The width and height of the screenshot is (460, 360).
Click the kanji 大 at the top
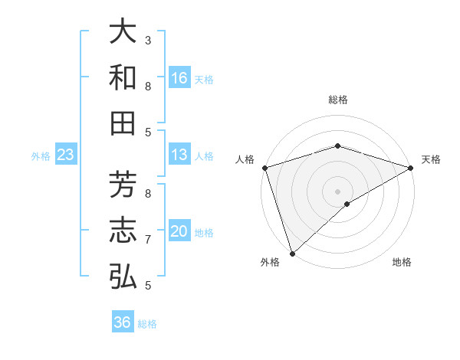click(123, 32)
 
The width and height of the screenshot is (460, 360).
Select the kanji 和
click(123, 77)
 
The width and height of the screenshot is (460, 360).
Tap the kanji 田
click(123, 123)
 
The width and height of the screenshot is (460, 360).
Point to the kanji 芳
click(123, 184)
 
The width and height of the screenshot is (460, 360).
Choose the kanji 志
click(123, 230)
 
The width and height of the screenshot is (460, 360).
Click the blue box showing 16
click(179, 78)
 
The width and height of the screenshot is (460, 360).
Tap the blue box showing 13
click(179, 155)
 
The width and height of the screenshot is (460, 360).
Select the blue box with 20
click(179, 231)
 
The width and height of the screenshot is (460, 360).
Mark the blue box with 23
click(65, 155)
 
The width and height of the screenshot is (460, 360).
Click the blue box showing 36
click(122, 322)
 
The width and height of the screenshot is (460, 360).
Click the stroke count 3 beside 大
click(148, 40)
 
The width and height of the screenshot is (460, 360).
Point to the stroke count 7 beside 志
click(148, 240)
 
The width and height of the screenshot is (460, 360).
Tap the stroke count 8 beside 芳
click(148, 193)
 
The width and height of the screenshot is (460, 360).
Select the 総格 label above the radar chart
click(337, 100)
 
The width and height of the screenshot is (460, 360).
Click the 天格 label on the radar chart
click(431, 159)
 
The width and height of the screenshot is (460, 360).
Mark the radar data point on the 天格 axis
click(410, 168)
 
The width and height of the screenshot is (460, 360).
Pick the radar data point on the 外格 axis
click(292, 253)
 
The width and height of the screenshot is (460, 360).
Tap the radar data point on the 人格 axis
click(264, 168)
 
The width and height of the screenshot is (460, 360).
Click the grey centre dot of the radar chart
click(337, 191)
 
